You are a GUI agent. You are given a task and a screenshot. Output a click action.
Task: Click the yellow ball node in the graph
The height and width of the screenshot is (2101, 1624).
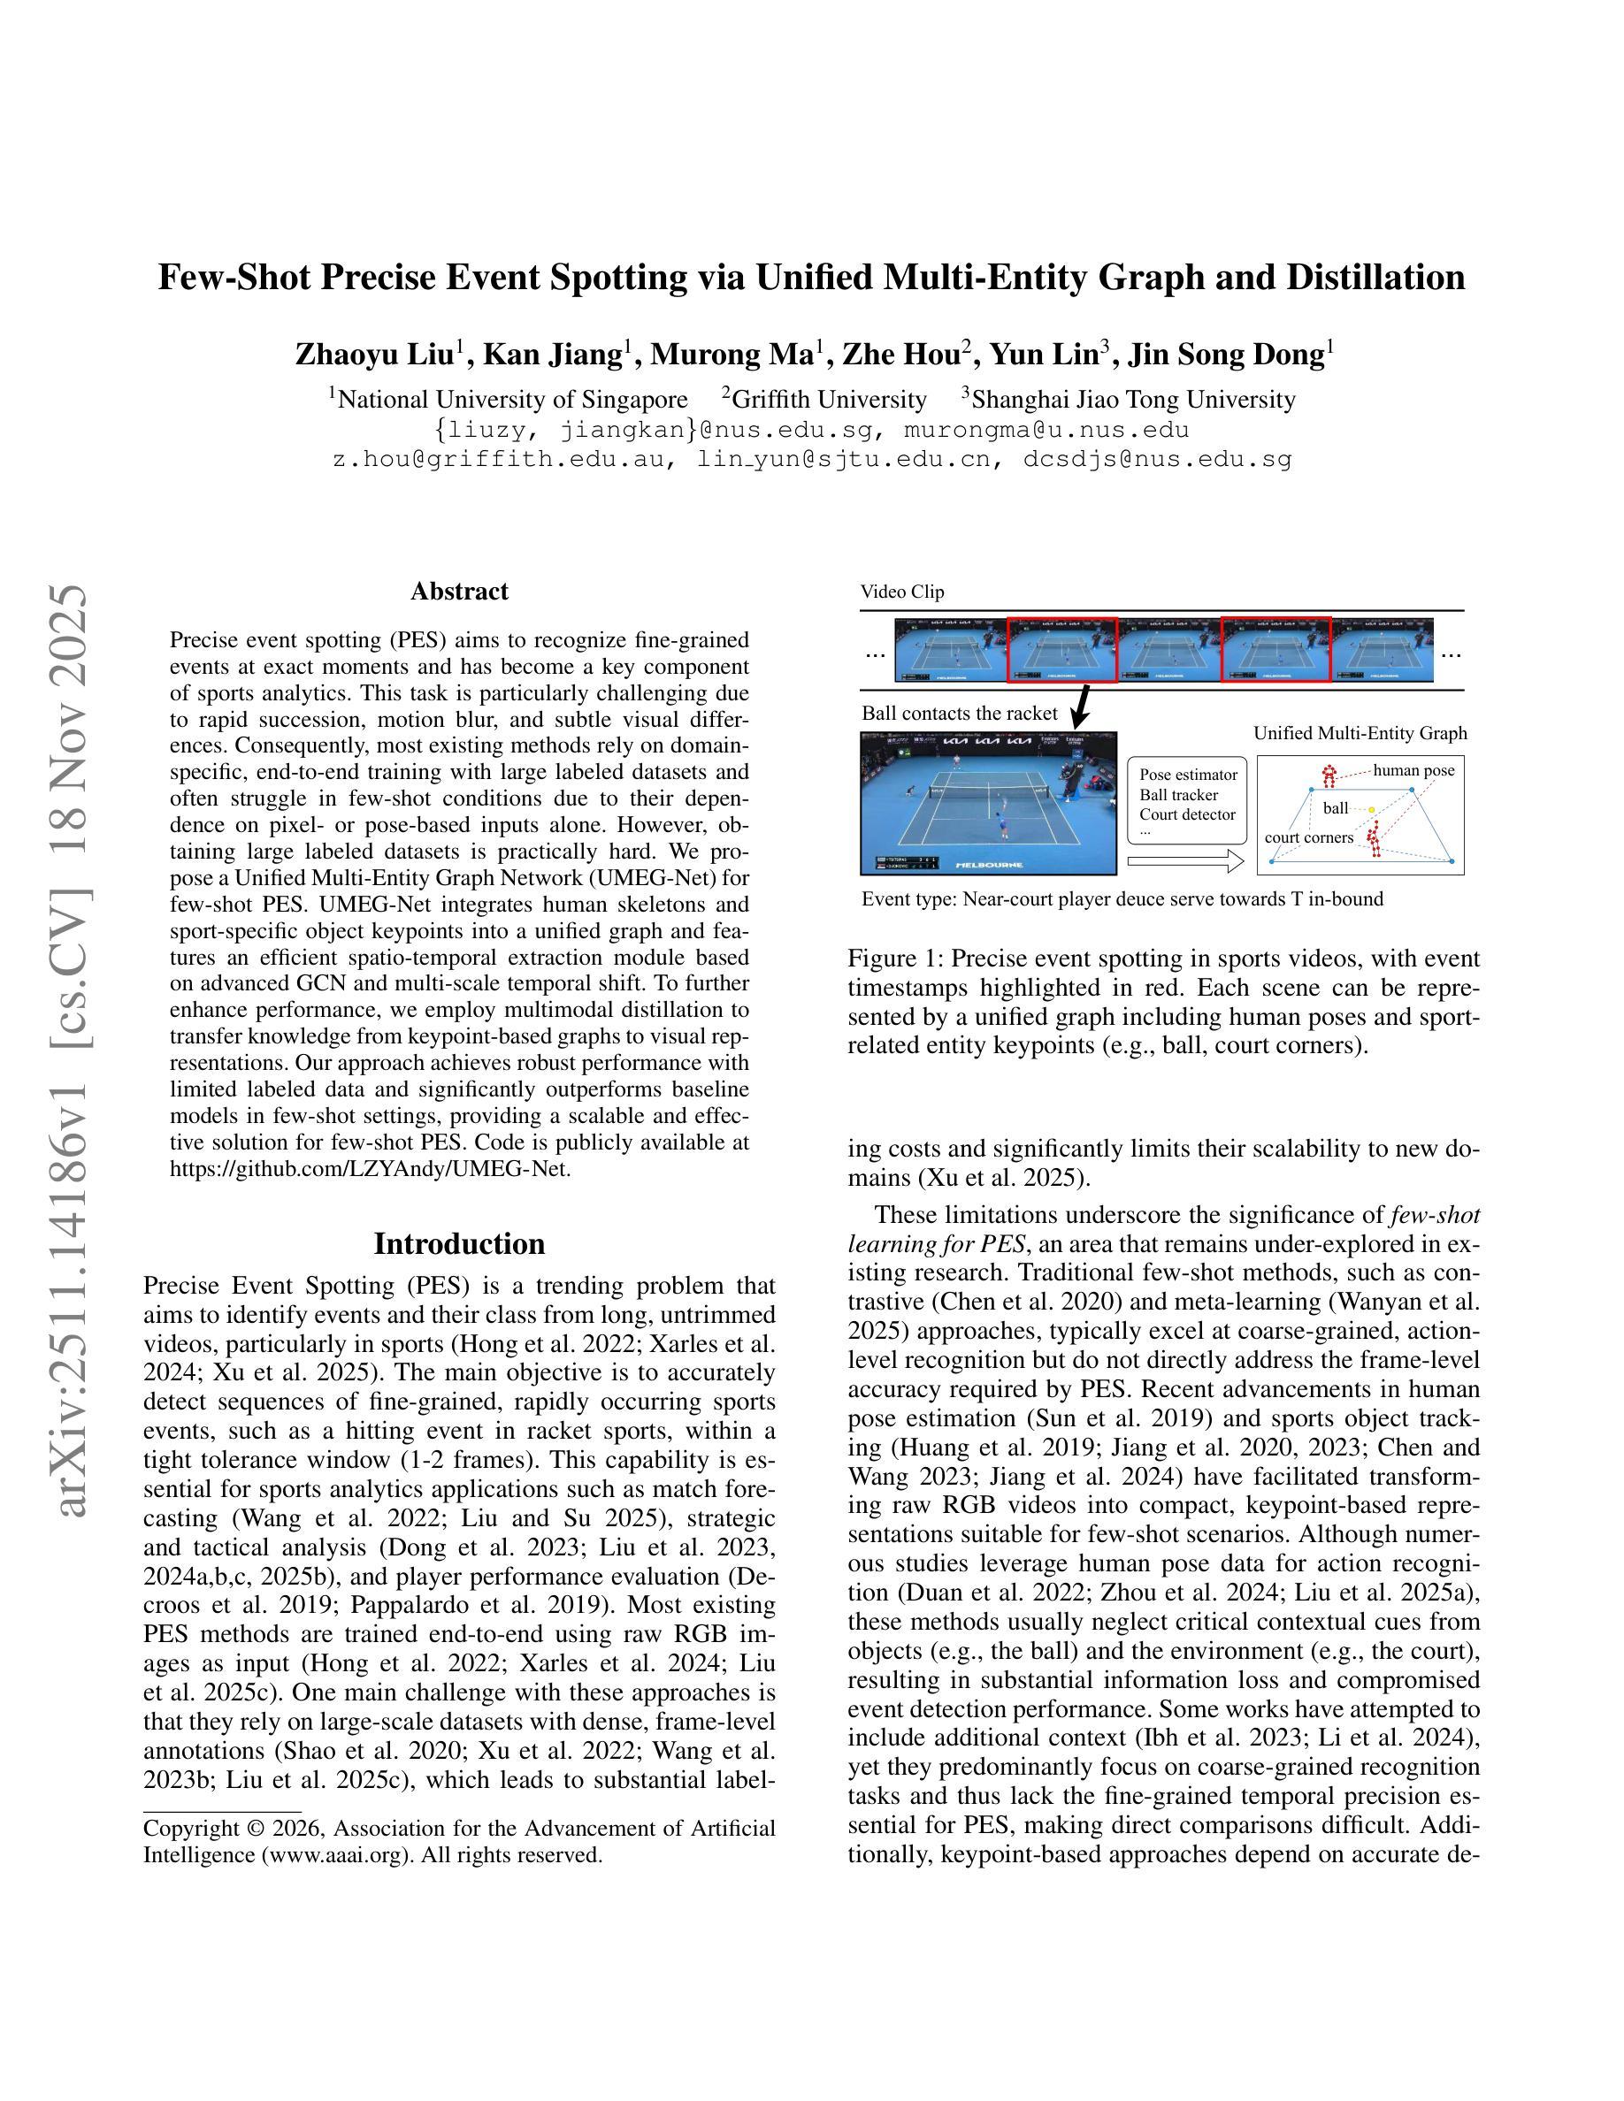(x=1372, y=809)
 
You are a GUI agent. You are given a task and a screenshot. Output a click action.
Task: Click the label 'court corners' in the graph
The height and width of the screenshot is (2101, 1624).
(x=1308, y=837)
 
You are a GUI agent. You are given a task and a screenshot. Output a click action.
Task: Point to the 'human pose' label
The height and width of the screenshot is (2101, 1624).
(x=1413, y=769)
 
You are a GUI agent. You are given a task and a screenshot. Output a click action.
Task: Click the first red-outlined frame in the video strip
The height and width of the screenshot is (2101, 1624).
(x=1062, y=650)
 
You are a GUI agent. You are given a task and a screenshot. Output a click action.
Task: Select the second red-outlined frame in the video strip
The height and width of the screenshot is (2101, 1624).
(x=1275, y=650)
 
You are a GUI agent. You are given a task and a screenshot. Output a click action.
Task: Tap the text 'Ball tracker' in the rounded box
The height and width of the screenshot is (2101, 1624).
(x=1178, y=795)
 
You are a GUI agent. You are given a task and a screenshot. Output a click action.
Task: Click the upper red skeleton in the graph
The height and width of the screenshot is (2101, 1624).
(x=1329, y=775)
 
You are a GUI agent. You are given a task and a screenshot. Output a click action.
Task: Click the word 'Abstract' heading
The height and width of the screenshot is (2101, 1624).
(x=459, y=591)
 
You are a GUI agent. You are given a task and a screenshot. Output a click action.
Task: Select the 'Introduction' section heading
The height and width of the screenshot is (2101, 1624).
(x=459, y=1243)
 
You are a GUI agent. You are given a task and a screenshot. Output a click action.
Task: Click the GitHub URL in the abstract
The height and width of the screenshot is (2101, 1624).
(x=371, y=1169)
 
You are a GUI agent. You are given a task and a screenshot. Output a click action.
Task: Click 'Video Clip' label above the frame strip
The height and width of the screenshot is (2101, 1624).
(x=902, y=592)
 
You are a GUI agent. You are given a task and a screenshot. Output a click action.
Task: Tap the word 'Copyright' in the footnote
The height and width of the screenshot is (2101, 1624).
(x=188, y=1828)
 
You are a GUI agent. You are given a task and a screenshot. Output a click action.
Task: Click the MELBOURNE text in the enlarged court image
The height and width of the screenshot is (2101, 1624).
(x=989, y=865)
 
